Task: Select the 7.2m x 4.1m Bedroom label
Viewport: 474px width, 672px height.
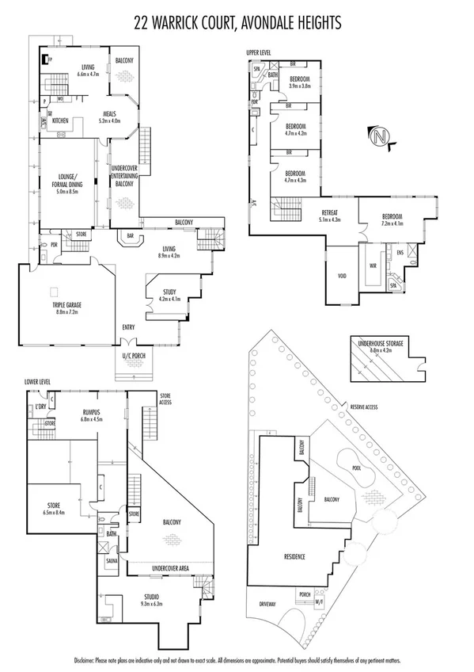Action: (391, 219)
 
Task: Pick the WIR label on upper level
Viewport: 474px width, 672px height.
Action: (372, 265)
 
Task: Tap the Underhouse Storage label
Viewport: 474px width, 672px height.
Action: (381, 343)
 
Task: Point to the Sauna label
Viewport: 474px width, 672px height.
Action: (112, 559)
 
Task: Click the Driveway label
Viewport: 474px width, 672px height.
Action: (268, 604)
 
